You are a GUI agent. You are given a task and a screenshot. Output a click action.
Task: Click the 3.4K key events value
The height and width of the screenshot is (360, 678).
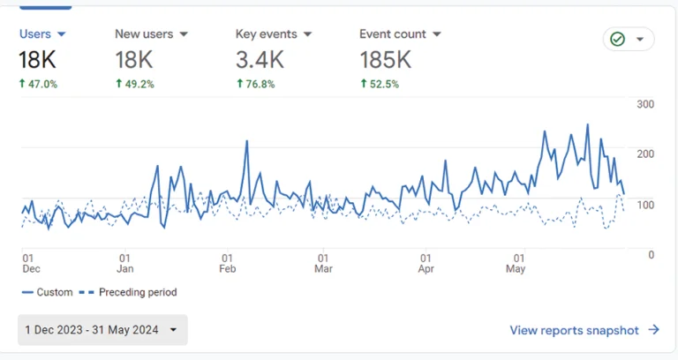pos(260,60)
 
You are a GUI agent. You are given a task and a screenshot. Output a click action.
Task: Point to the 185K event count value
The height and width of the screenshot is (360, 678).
pos(385,60)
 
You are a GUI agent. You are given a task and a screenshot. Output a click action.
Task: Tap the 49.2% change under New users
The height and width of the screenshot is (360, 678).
pos(134,85)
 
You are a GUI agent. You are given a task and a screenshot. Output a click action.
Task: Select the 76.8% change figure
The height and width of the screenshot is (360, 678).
pos(255,85)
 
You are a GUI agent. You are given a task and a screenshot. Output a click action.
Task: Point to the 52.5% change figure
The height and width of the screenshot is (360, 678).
pos(380,85)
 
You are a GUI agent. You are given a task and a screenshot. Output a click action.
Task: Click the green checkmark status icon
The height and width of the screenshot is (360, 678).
pos(618,40)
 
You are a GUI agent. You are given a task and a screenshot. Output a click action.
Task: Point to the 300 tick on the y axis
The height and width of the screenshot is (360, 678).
pos(645,104)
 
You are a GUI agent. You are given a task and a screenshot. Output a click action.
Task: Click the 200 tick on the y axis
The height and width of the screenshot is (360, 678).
pos(645,154)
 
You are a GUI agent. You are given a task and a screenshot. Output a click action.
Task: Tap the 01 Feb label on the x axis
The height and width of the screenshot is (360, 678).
pos(228,263)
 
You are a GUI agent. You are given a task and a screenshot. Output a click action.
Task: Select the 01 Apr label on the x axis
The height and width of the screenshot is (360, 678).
pos(426,263)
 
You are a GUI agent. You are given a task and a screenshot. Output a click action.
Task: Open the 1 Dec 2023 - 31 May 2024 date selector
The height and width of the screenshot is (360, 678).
pos(102,330)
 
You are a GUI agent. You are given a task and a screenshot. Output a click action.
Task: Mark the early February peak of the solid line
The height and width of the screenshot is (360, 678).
pos(246,141)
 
